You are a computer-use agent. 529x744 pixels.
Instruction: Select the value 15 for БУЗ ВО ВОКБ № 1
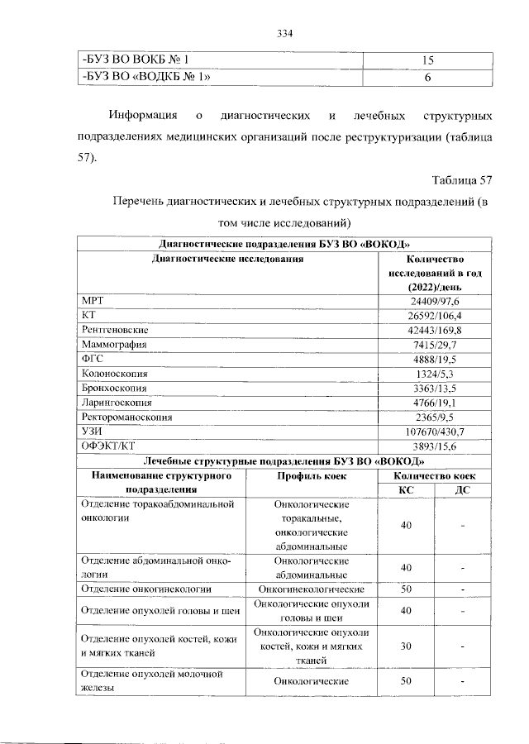(x=428, y=61)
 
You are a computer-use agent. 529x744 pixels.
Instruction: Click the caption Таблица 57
(x=462, y=180)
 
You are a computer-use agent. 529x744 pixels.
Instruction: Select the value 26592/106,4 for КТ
(x=434, y=316)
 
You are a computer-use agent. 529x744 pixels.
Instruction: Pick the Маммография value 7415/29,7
(x=434, y=345)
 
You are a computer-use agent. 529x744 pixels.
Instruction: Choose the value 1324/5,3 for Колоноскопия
(x=434, y=374)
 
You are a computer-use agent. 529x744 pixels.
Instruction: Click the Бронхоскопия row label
(x=114, y=388)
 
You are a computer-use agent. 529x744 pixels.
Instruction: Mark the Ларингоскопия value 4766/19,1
(x=434, y=403)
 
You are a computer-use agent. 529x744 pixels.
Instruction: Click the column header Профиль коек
(x=312, y=476)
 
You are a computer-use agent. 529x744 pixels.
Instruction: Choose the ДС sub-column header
(x=464, y=490)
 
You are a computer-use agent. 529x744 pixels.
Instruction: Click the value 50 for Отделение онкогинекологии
(x=406, y=589)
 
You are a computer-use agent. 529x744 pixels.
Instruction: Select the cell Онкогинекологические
(x=312, y=589)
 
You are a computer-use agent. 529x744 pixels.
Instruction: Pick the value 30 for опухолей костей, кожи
(x=406, y=646)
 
